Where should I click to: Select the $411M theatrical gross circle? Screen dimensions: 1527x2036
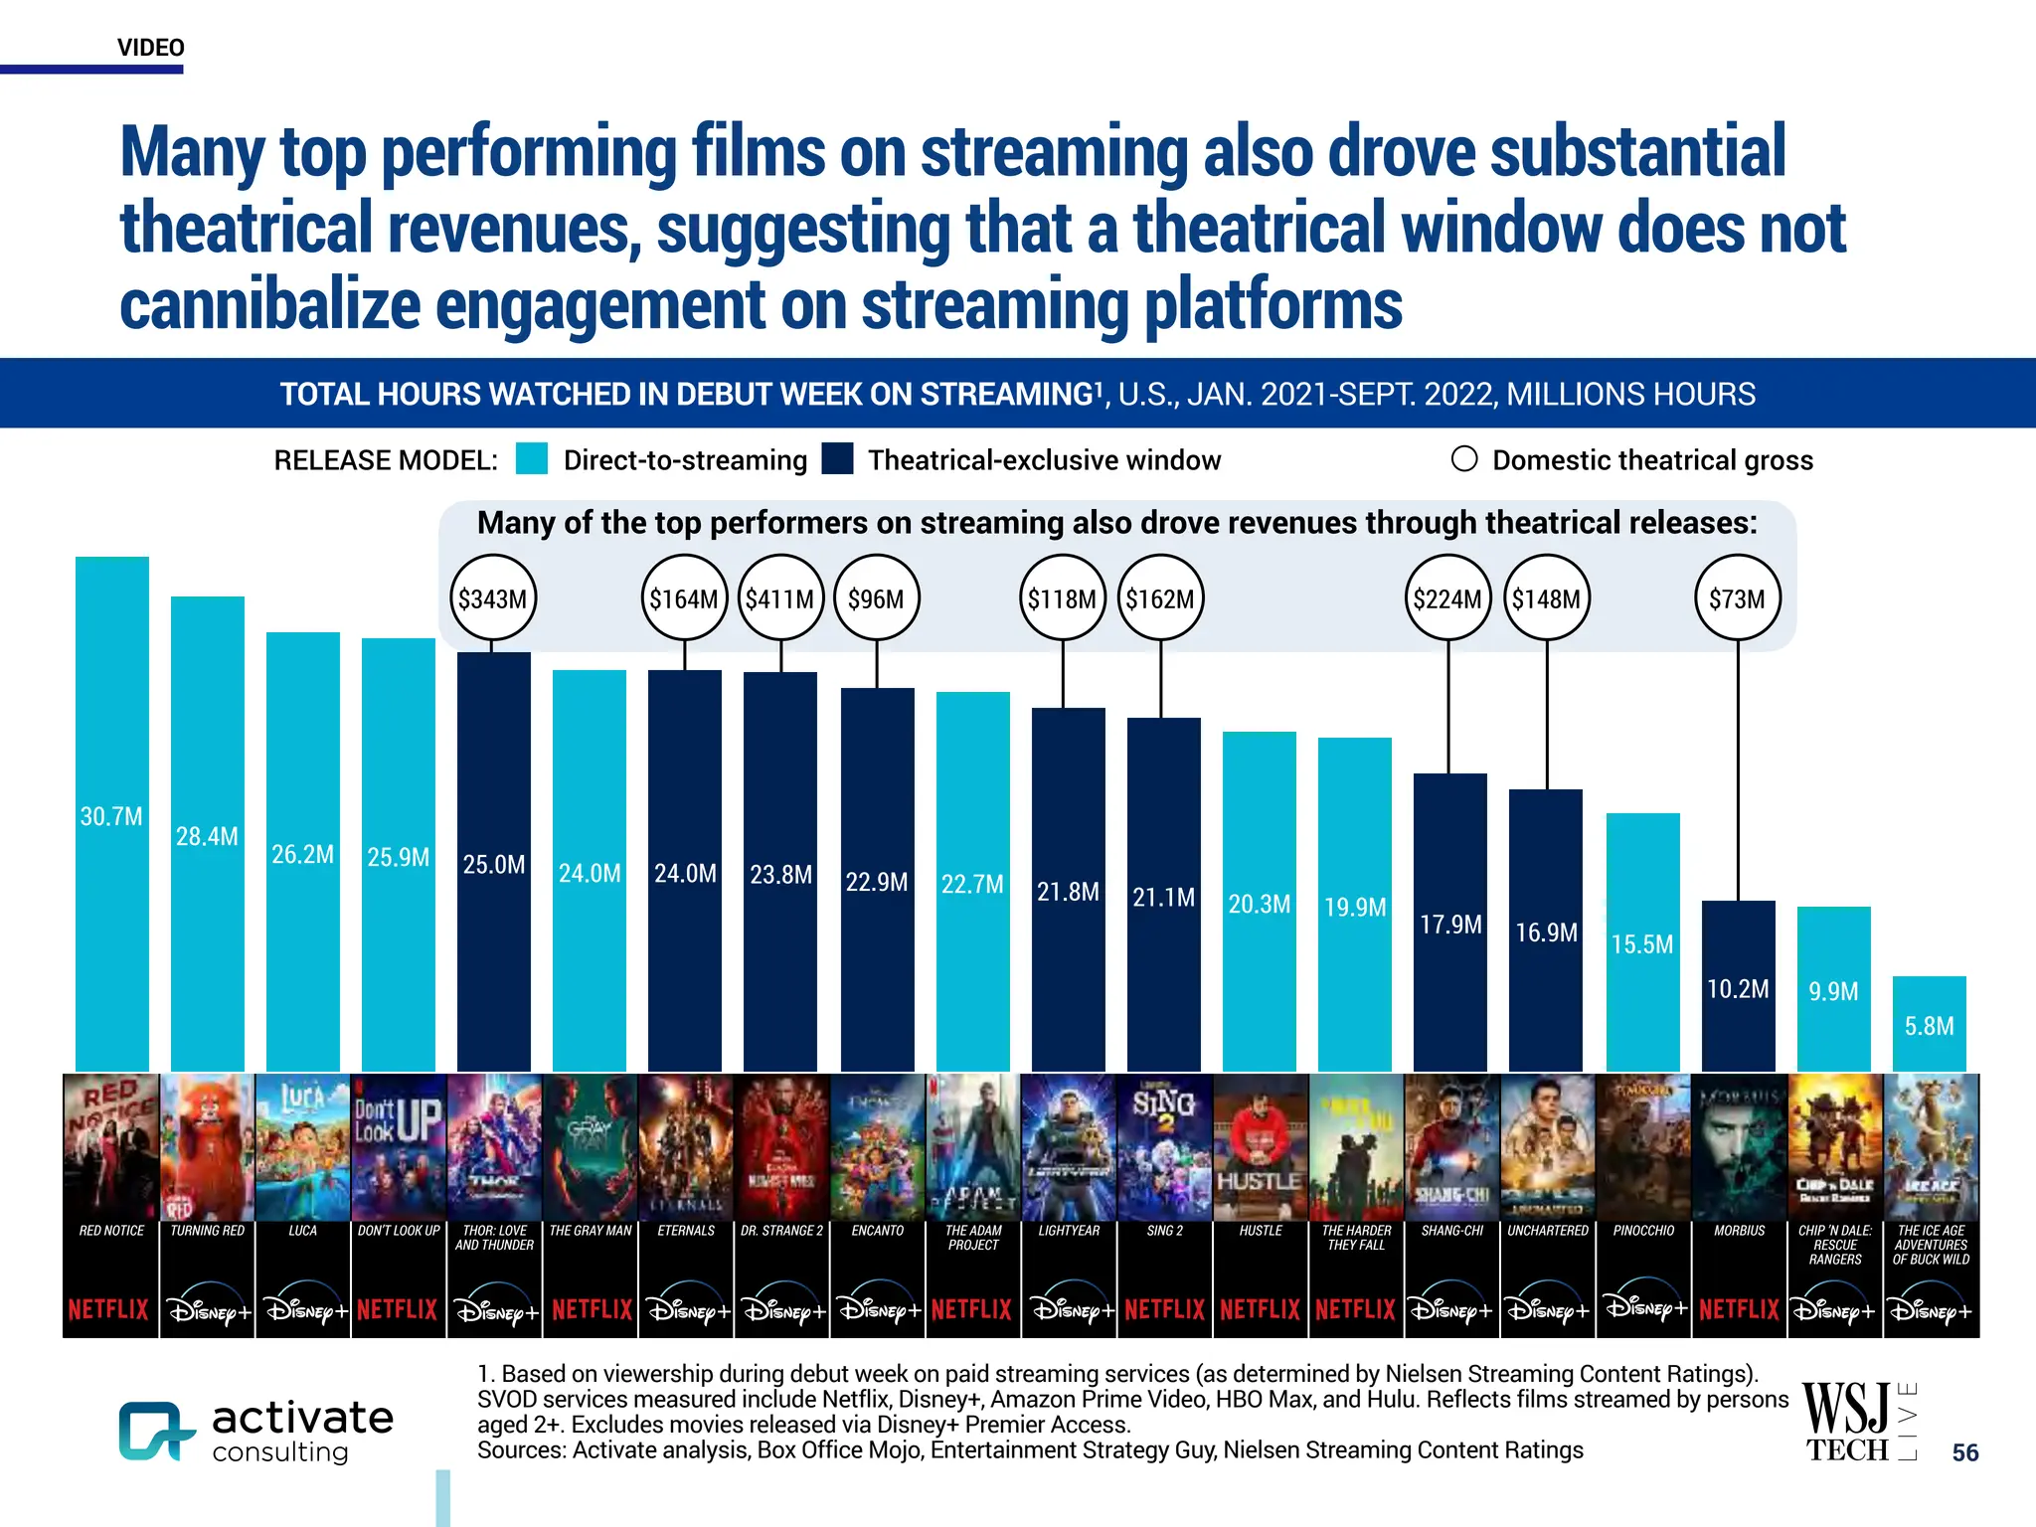[780, 598]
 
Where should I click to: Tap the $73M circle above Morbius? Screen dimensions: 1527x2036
[1737, 598]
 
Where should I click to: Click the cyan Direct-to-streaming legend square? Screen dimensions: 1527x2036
[532, 459]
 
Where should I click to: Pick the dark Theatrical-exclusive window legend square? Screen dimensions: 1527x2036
[837, 459]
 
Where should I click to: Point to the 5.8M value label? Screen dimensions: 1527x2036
[1929, 1026]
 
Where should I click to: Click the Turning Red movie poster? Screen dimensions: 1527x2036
[207, 1147]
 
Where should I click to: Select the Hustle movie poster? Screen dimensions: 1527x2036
[1260, 1147]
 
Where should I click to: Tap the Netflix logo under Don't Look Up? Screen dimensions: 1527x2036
[398, 1309]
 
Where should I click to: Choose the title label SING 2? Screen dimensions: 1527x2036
[1164, 1231]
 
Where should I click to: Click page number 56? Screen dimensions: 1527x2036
[1964, 1452]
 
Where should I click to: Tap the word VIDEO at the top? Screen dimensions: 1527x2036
[151, 48]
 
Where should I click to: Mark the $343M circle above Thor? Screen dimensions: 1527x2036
[493, 598]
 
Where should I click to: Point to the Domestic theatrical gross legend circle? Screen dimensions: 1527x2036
[1463, 459]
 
